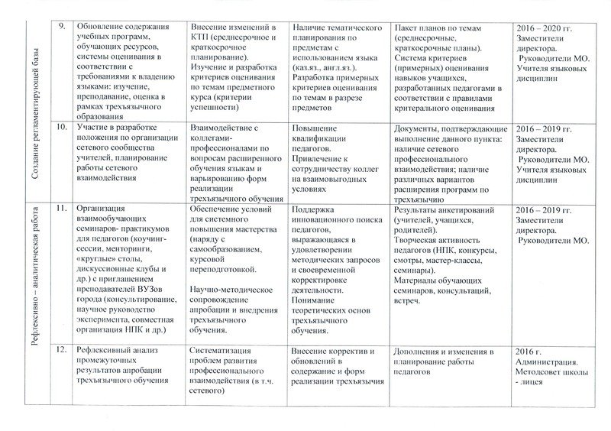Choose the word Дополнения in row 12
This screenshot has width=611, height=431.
(x=419, y=350)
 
